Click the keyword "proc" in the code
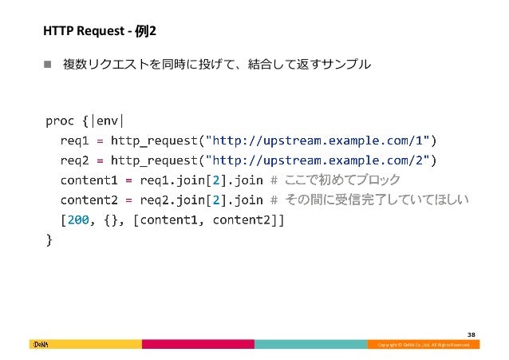pyautogui.click(x=61, y=121)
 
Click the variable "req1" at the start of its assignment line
pyautogui.click(x=74, y=140)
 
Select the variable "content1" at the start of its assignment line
pyautogui.click(x=89, y=179)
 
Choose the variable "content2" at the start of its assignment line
pyautogui.click(x=89, y=199)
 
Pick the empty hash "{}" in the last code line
pyautogui.click(x=111, y=218)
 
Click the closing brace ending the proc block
pyautogui.click(x=49, y=237)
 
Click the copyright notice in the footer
pyautogui.click(x=424, y=345)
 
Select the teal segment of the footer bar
pyautogui.click(x=310, y=345)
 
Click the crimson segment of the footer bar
pyautogui.click(x=198, y=345)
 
